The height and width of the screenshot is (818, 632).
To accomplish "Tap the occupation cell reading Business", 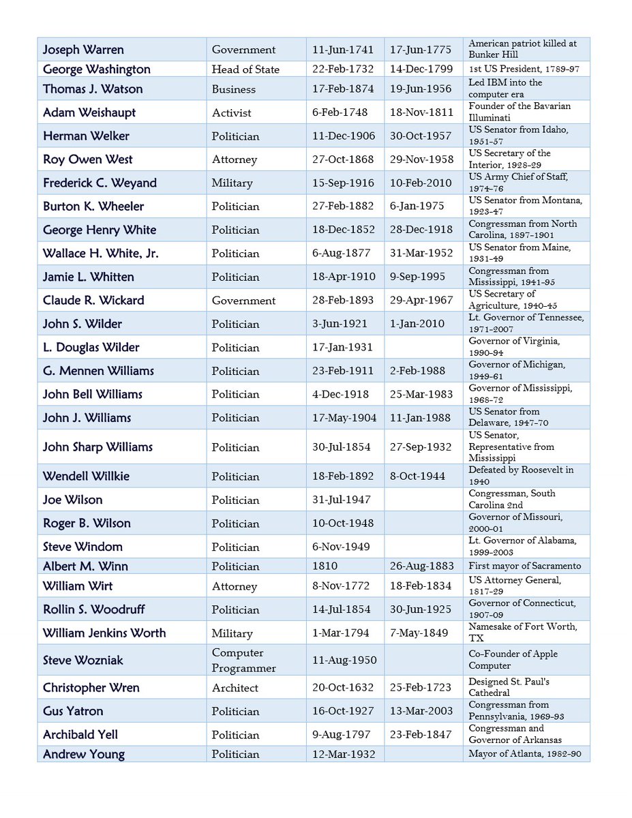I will [233, 89].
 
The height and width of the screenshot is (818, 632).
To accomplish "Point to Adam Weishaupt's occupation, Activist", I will [231, 112].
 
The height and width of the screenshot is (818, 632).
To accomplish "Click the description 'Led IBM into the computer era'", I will [505, 88].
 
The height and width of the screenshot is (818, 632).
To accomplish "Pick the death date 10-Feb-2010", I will [421, 183].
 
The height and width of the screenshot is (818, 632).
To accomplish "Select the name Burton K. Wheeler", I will [93, 207].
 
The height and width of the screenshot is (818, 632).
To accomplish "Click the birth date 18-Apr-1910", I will [343, 277].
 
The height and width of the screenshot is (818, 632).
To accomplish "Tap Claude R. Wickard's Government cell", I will [243, 301].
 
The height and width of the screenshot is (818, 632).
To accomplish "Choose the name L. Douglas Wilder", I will [91, 348].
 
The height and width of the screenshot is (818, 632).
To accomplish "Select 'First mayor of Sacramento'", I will [524, 566].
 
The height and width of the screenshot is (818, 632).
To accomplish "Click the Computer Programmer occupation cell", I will [243, 661].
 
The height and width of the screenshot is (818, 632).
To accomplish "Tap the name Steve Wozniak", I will [82, 661].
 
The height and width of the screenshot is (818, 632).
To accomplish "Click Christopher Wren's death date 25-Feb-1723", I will [421, 688].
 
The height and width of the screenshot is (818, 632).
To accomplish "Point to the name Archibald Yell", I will [80, 734].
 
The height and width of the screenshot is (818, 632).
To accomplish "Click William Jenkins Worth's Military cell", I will [232, 633].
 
